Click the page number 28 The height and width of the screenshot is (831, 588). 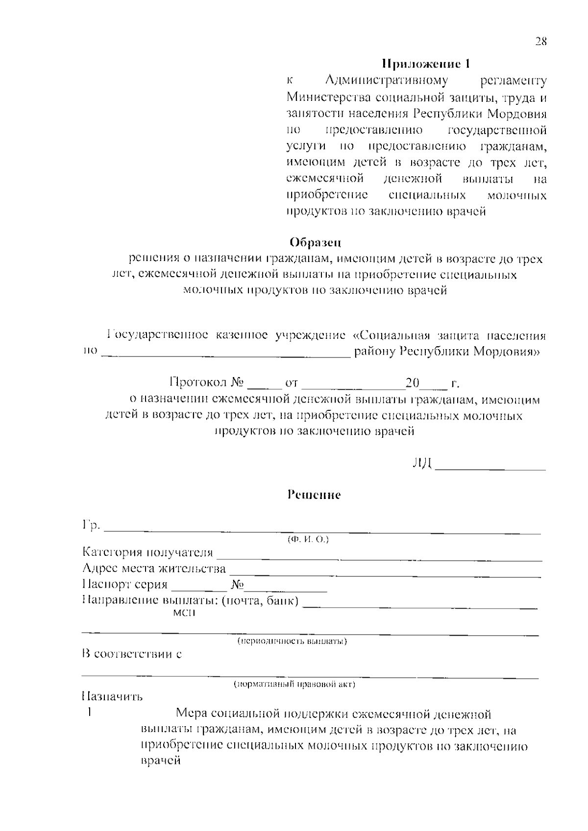540,42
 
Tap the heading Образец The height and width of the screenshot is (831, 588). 315,242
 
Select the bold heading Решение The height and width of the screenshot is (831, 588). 314,495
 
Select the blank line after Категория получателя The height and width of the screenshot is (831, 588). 380,557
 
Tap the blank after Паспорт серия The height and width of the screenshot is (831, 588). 198,590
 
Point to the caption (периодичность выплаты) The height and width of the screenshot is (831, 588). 293,641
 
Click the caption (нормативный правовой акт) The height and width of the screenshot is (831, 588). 294,684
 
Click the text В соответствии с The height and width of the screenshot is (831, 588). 132,654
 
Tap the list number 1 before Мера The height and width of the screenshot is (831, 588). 90,713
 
